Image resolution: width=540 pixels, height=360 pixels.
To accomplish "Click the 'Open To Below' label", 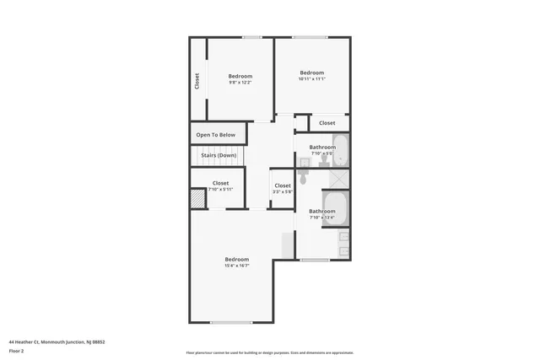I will point(217,135).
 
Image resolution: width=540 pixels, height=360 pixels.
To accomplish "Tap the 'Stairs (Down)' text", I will point(218,155).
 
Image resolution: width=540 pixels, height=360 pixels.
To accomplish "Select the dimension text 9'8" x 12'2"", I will point(240,83).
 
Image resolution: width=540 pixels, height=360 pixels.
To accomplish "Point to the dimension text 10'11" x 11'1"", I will point(312,78).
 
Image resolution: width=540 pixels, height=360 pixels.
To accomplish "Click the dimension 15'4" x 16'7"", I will point(236,266).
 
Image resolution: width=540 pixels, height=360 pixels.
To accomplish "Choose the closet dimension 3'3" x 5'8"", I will point(283,191).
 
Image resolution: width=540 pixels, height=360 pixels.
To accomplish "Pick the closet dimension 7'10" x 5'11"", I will point(220,189).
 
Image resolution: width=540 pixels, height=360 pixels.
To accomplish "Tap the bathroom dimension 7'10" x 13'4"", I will point(322,218).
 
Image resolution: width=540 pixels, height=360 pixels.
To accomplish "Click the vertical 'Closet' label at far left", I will point(197,81).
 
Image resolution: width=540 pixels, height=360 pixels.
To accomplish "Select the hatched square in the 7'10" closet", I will point(197,199).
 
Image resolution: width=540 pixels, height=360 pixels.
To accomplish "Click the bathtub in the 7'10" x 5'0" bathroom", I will point(341,151).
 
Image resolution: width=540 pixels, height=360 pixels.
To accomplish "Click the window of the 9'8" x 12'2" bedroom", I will point(251,37).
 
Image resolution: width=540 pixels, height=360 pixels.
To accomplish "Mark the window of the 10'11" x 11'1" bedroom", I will point(310,37).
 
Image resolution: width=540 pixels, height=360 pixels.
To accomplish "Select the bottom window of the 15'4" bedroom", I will point(231,322).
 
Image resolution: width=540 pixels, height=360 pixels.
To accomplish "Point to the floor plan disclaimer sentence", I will point(270,352).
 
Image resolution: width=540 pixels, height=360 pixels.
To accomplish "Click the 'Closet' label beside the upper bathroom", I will point(327,123).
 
